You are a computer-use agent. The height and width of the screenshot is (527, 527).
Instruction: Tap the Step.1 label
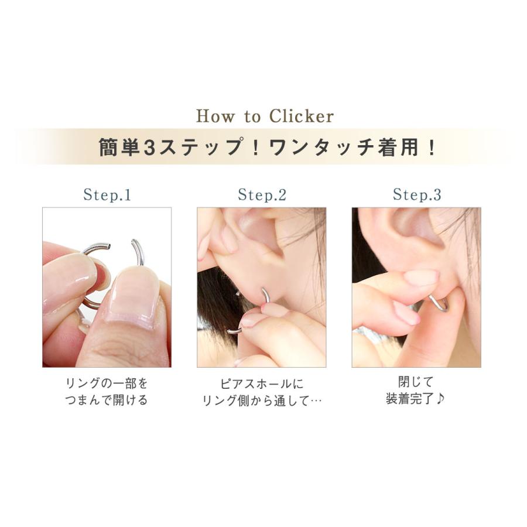(107, 195)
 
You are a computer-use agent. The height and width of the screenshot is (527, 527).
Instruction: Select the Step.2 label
(262, 195)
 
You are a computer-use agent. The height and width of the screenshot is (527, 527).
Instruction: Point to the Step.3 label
(416, 195)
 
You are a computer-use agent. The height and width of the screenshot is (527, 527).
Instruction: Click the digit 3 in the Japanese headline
(148, 147)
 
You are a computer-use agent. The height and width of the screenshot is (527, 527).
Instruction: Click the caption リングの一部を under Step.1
(107, 384)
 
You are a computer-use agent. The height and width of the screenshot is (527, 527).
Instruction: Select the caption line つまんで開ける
(107, 401)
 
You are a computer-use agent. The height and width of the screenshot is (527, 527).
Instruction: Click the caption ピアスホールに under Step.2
(262, 384)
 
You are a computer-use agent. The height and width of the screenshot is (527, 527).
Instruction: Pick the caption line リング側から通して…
(262, 401)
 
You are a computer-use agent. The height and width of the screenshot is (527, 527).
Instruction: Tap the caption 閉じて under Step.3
(416, 383)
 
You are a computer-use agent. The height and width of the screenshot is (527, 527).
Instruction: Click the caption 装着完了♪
(416, 400)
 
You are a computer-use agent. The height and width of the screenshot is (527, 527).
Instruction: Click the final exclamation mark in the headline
(432, 147)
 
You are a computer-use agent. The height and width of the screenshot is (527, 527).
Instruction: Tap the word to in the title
(252, 117)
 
